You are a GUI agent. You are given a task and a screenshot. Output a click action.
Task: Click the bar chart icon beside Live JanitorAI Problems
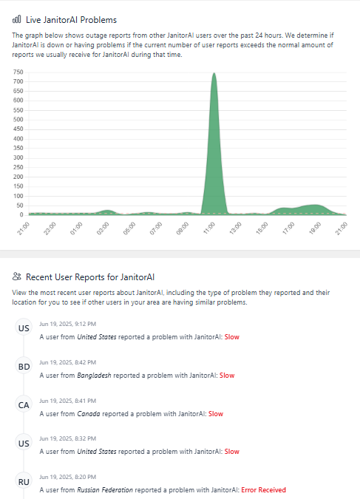tap(16, 19)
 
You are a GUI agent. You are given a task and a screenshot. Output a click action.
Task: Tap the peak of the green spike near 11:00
tap(214, 73)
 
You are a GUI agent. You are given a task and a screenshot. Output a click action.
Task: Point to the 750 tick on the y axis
tap(18, 72)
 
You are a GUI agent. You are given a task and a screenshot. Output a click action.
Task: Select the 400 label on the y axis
tap(18, 139)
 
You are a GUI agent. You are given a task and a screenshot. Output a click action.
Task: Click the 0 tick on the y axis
tap(21, 215)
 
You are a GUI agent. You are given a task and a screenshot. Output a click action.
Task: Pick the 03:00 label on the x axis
tap(103, 228)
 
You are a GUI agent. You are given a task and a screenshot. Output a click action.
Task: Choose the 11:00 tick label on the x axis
tap(209, 228)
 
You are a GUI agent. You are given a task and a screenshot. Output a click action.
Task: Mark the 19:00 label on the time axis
tap(315, 228)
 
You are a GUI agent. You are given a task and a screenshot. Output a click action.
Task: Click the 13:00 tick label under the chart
tap(236, 228)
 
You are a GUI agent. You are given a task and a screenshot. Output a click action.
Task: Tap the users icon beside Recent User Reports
tap(16, 276)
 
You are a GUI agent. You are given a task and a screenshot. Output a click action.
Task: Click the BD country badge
tap(24, 367)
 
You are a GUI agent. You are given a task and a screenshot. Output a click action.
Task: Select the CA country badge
tap(24, 405)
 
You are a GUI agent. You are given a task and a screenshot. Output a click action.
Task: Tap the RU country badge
tap(24, 482)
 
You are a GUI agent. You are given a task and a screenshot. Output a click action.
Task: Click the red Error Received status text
tap(264, 490)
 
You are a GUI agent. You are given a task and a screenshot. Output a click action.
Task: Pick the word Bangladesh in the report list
tap(94, 376)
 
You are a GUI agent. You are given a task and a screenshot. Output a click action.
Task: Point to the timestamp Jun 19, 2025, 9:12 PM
tap(68, 324)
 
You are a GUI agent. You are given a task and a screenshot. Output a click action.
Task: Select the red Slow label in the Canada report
tap(216, 414)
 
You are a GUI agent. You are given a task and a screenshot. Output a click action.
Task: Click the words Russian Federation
tap(105, 490)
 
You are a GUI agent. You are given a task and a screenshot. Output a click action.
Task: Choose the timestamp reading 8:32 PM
tap(68, 438)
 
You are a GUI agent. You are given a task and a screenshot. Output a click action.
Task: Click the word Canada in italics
tap(89, 414)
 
